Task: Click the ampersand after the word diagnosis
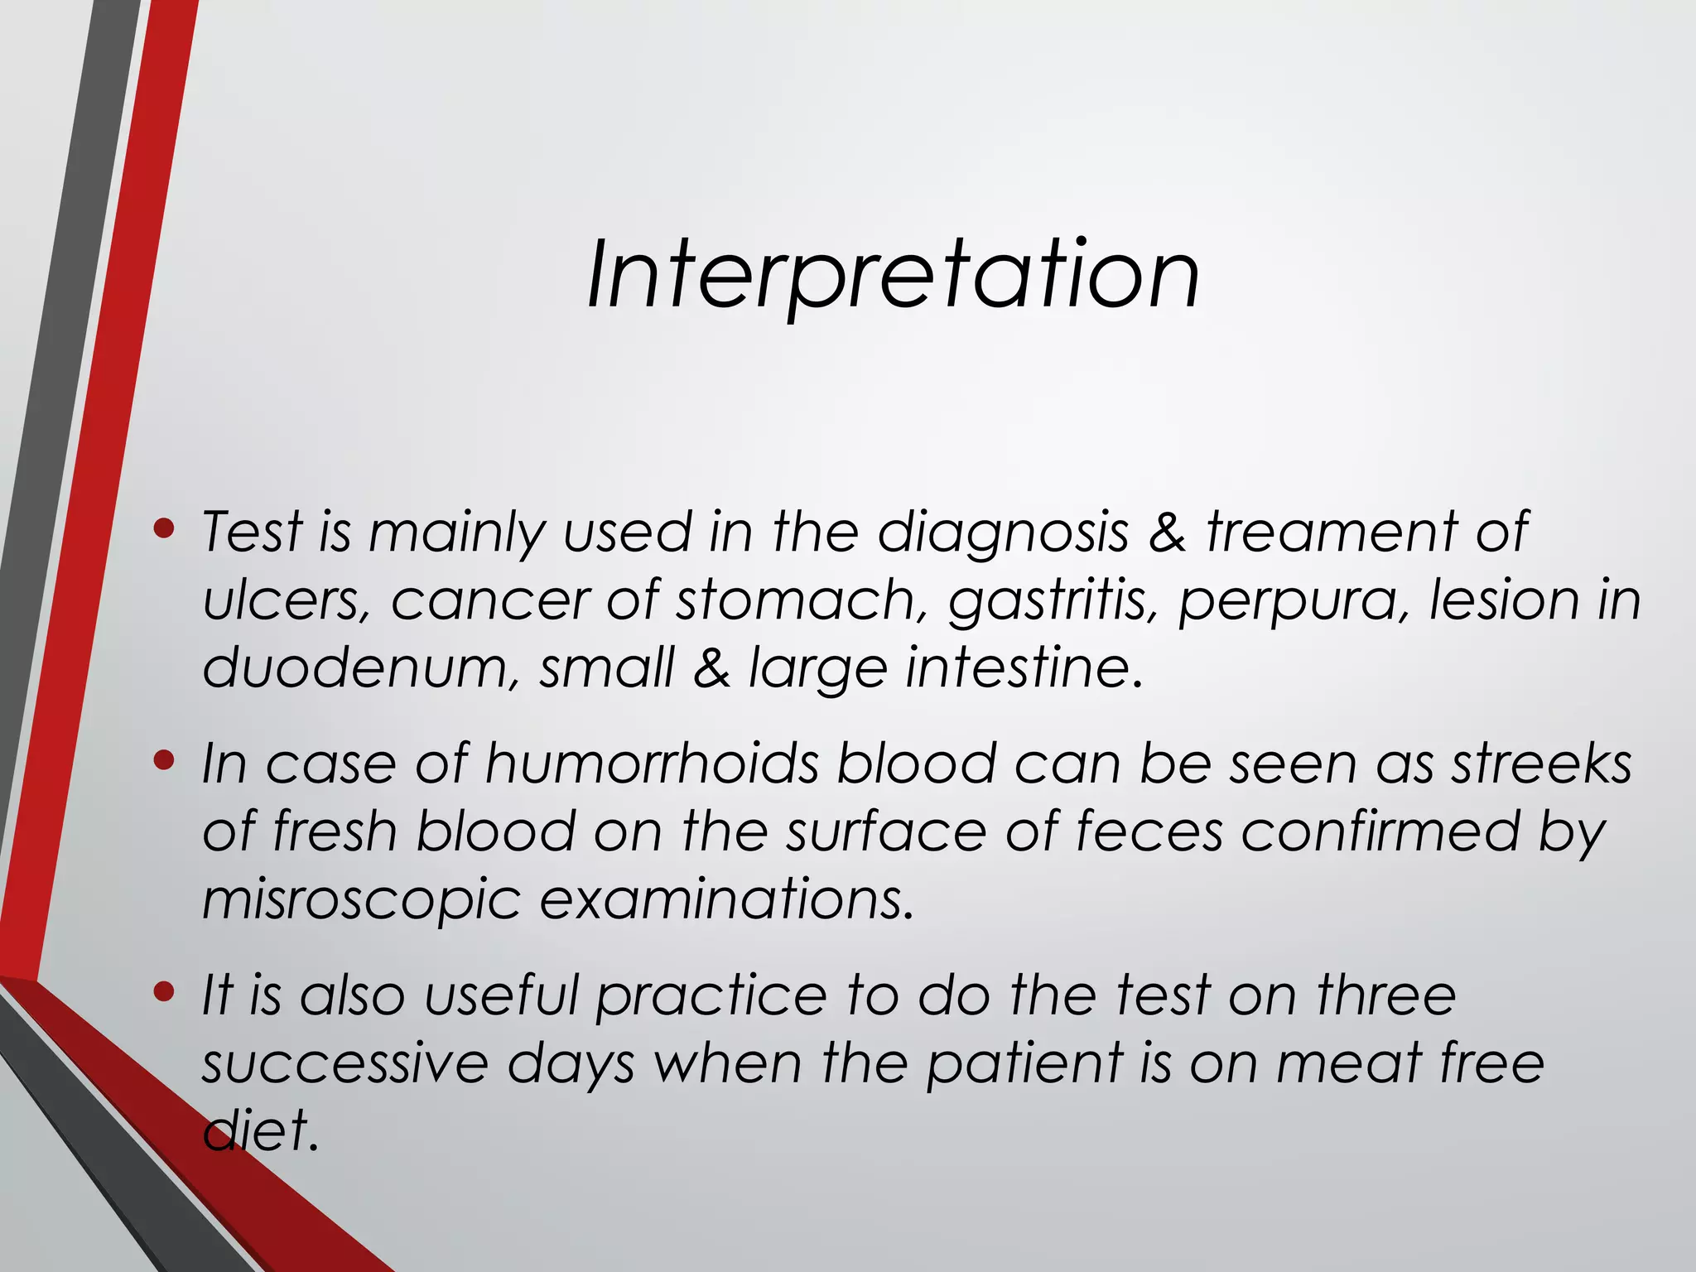[x=1168, y=532]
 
